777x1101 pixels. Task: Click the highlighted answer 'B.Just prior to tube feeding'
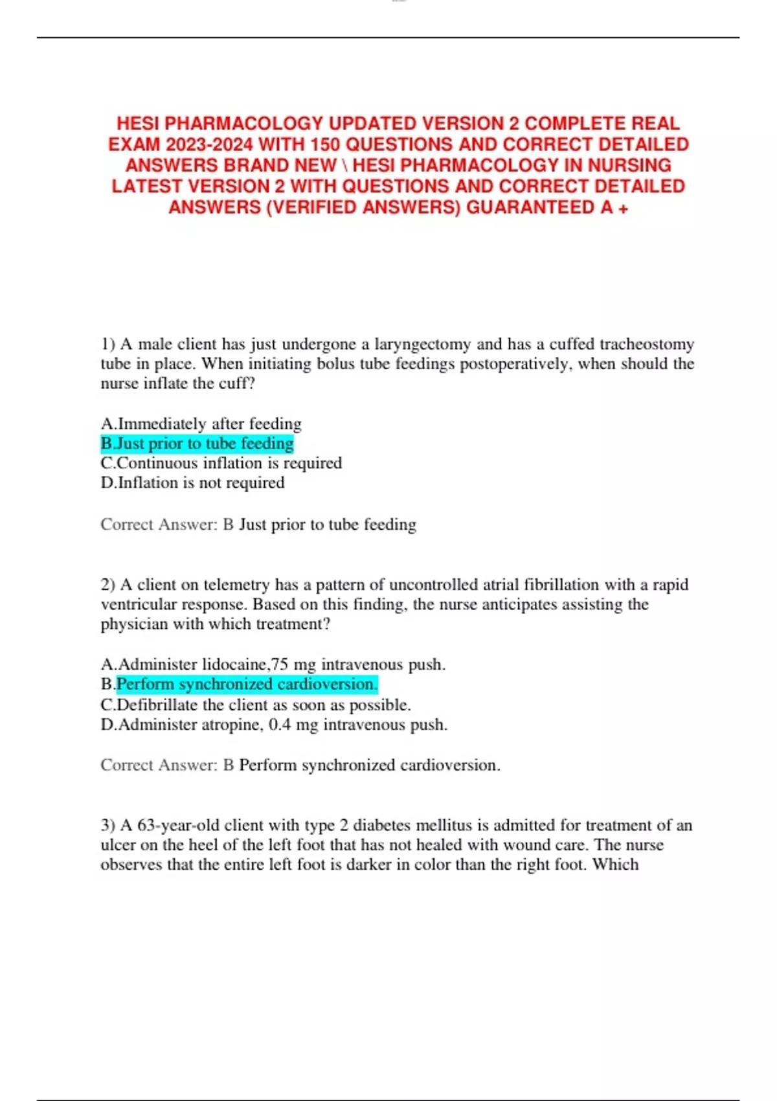[x=197, y=444]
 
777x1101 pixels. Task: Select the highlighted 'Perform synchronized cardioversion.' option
[x=247, y=685]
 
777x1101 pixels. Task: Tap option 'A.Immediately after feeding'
[x=201, y=424]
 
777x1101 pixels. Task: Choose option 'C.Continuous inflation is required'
[x=221, y=463]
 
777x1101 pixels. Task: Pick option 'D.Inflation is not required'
[x=193, y=483]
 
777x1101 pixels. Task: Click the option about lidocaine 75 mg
[x=273, y=664]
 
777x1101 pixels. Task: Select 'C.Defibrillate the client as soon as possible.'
[x=256, y=705]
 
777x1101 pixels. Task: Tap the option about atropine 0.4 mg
[x=274, y=725]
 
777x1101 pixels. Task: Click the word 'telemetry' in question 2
[x=236, y=585]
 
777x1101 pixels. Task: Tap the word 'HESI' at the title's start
[x=138, y=124]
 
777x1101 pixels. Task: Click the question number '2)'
[x=108, y=585]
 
